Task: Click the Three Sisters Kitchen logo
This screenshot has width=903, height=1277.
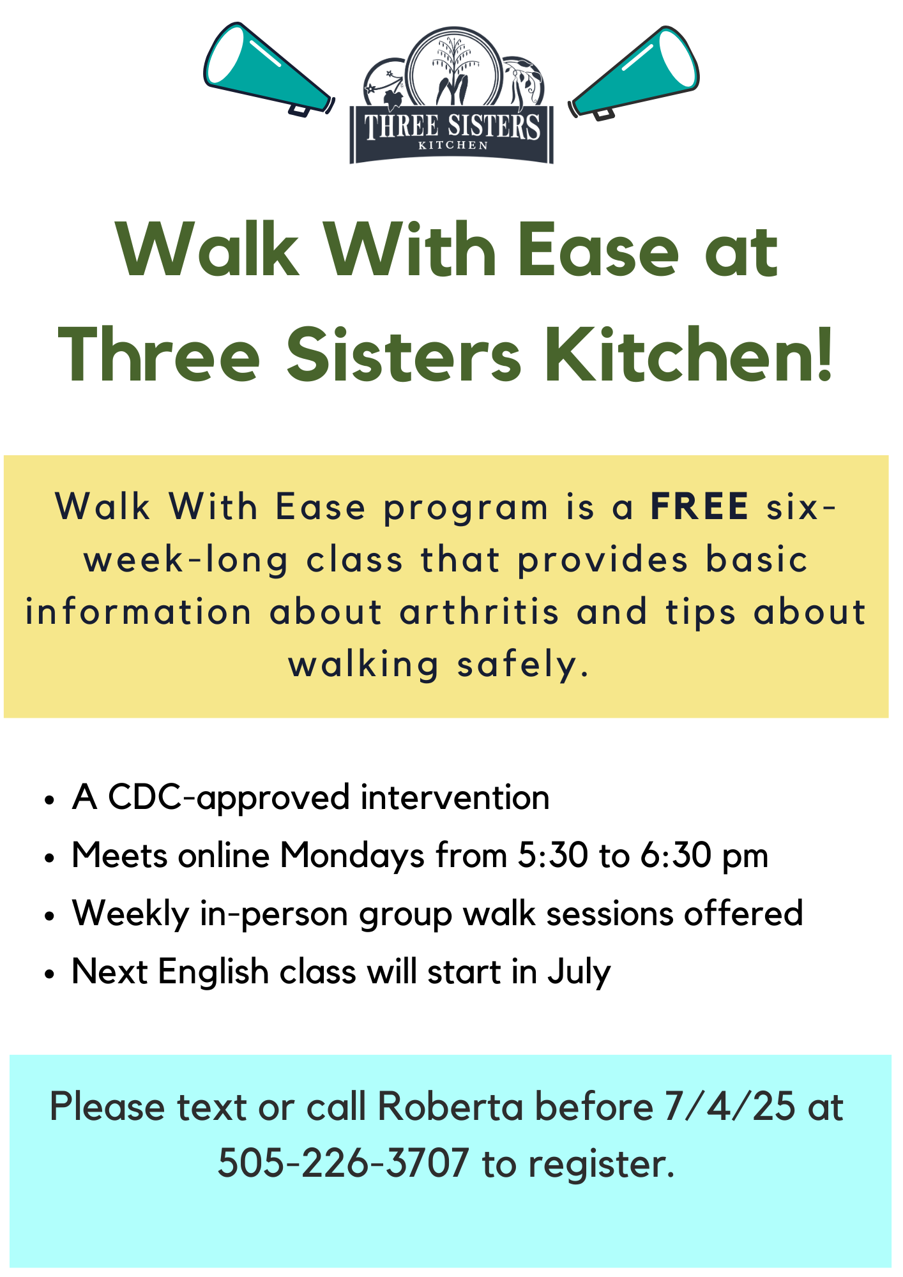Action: [451, 95]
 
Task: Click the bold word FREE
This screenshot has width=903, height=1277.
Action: [700, 507]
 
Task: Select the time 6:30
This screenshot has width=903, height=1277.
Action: [676, 855]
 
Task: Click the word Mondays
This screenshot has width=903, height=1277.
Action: [352, 856]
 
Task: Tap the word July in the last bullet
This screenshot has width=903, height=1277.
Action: [579, 972]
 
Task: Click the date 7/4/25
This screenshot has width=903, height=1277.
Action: [730, 1106]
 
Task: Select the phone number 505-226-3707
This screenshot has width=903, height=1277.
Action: [344, 1163]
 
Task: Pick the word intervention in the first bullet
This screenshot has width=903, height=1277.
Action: [455, 797]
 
